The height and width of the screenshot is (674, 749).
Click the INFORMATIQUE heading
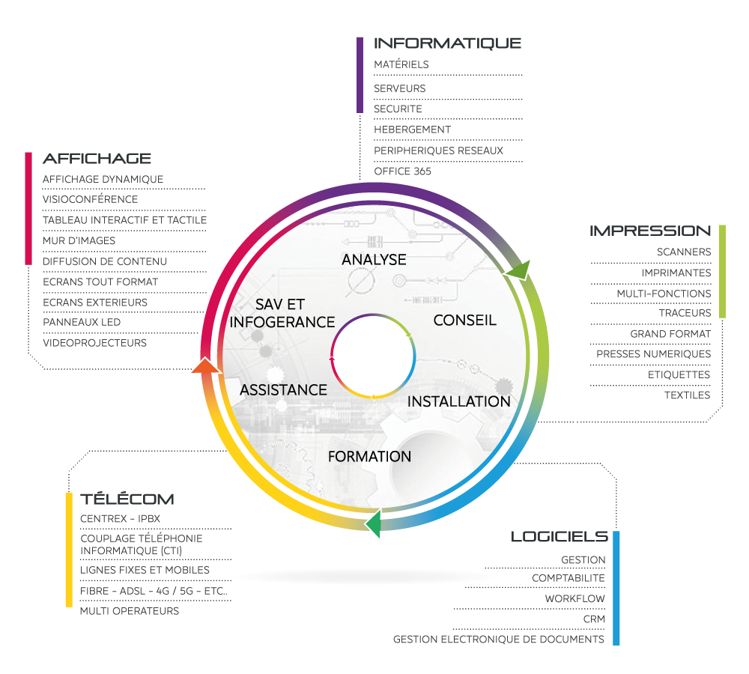447,43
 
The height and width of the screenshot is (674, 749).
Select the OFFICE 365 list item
402,171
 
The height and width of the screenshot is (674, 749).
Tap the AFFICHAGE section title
97,159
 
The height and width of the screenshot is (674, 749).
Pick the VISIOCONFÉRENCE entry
90,199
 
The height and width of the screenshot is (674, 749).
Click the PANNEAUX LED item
82,322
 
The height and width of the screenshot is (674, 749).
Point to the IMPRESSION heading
650,231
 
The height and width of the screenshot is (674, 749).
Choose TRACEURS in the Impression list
685,312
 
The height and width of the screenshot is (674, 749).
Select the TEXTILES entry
687,395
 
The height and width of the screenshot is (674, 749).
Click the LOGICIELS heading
559,536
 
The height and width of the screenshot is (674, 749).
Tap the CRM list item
594,619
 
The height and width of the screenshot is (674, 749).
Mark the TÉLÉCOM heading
127,500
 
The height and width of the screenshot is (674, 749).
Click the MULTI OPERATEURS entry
130,611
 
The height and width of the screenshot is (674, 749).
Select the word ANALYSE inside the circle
374,260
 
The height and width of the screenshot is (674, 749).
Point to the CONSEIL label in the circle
464,321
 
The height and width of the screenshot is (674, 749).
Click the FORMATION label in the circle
369,456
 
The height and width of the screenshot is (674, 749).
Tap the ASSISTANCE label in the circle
283,390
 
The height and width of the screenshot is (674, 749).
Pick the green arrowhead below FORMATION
373,523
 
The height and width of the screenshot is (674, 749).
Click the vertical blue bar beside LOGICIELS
616,588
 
